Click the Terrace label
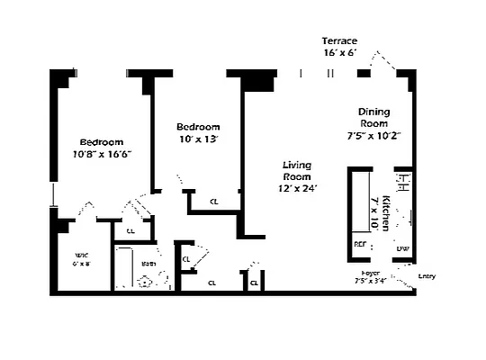pos(340,41)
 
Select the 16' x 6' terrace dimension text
pos(340,54)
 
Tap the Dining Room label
pos(373,117)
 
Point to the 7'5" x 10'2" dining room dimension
pos(373,136)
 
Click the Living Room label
pos(296,171)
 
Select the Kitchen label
pos(385,207)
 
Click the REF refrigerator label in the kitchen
pos(360,244)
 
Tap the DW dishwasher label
pos(402,248)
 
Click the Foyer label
pos(370,272)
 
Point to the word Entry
pos(427,276)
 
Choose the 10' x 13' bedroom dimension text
pos(197,139)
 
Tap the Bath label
pos(147,264)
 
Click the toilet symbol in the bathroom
pos(144,281)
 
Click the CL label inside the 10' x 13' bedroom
pos(212,202)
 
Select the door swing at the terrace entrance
pos(385,63)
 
